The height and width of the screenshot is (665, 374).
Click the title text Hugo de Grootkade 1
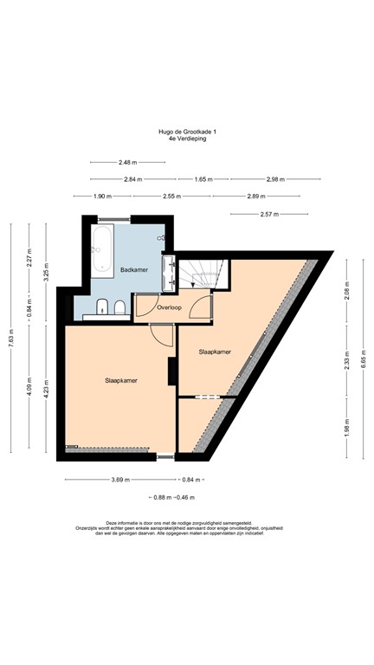click(x=187, y=131)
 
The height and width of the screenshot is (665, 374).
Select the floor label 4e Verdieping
click(x=187, y=138)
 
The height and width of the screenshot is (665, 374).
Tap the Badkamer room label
click(x=134, y=270)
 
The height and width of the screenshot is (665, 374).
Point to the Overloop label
click(x=169, y=307)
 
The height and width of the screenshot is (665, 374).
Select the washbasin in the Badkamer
click(x=169, y=271)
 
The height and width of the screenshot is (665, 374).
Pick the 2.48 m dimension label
click(x=126, y=162)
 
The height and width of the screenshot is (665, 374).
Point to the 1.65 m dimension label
click(x=203, y=179)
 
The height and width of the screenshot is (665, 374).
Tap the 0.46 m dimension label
click(x=184, y=496)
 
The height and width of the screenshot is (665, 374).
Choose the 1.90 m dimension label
click(x=103, y=196)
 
